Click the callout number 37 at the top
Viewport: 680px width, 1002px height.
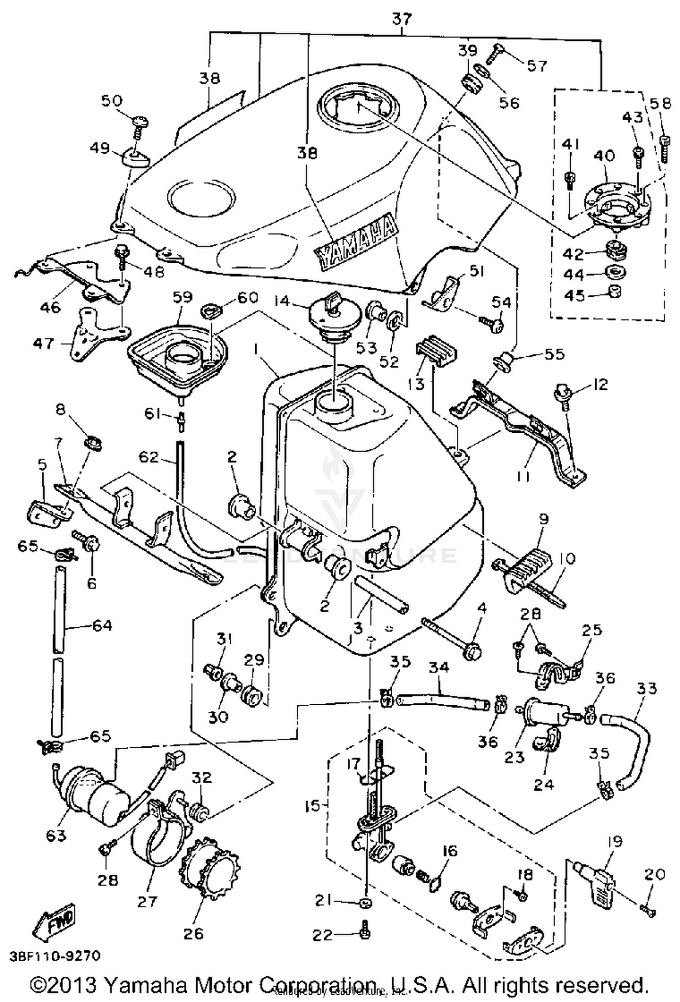pos(402,19)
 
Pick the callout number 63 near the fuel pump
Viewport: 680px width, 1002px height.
pos(56,835)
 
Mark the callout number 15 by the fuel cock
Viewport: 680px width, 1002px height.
pos(313,806)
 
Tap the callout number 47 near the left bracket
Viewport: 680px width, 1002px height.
pos(44,343)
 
